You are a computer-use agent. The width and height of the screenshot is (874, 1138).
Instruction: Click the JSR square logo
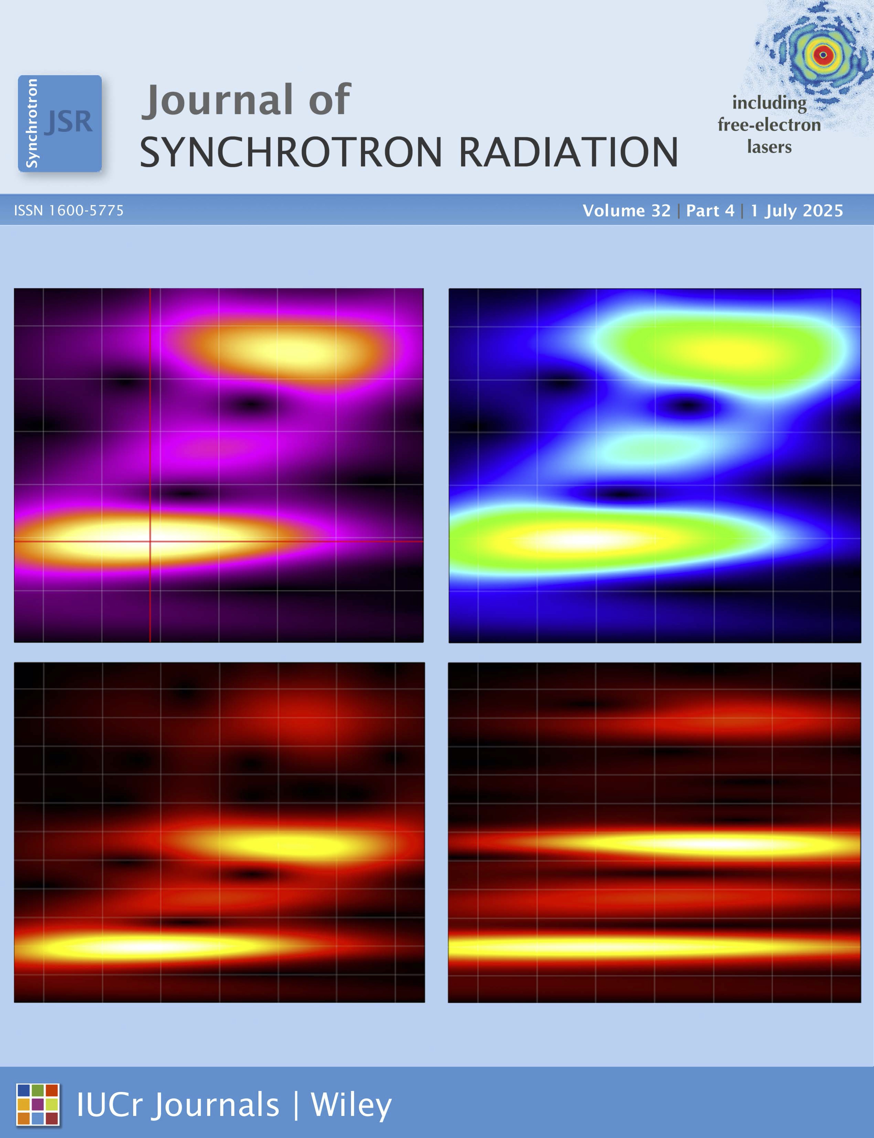coord(60,123)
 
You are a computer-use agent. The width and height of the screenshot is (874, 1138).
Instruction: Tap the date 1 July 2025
coord(797,211)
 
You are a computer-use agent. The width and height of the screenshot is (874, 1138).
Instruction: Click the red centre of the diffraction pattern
coord(823,55)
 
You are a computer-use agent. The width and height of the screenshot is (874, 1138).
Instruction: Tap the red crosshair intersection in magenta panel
coord(150,541)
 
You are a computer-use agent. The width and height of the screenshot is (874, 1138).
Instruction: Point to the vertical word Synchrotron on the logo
coord(32,123)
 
